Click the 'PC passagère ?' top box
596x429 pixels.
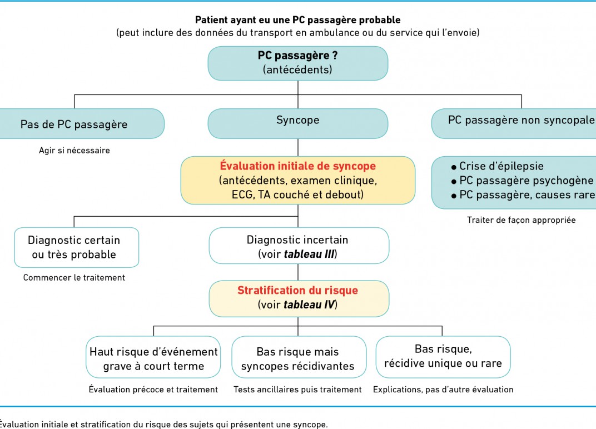pos(297,63)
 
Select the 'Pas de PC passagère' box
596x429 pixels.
pos(81,123)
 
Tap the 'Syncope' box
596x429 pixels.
pos(297,123)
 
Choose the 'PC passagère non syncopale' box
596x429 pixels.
pos(514,123)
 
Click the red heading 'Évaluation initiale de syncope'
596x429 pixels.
pos(297,166)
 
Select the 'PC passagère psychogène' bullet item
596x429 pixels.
pos(522,181)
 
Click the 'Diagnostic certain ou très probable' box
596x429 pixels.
pos(76,247)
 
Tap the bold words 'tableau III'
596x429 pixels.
pos(310,254)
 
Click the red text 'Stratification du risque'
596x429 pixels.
pos(297,290)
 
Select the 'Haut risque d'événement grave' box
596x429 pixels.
pos(153,357)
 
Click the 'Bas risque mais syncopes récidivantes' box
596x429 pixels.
pos(299,357)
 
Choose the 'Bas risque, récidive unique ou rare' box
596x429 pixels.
pos(443,357)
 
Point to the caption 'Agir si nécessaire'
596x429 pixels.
pos(74,151)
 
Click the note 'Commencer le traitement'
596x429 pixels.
pos(74,278)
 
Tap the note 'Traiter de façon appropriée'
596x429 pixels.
pos(521,220)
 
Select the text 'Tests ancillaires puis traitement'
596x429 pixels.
pos(297,390)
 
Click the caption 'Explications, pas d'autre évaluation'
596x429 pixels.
pos(443,390)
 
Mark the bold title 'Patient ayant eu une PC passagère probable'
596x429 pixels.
pos(297,20)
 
